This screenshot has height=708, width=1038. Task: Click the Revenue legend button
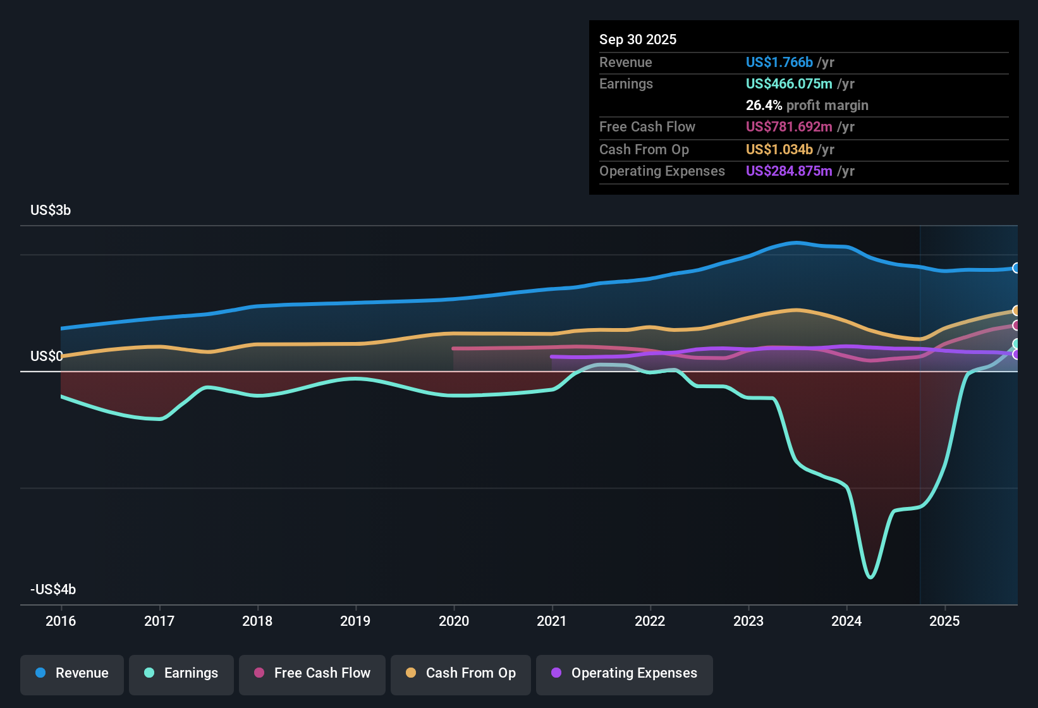click(72, 673)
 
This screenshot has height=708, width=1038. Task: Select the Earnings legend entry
click(181, 673)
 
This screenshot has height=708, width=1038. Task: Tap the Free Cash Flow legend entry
click(312, 673)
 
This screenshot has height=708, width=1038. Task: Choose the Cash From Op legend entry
click(461, 673)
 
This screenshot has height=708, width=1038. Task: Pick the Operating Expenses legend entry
click(625, 673)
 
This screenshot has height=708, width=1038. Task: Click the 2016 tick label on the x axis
click(61, 621)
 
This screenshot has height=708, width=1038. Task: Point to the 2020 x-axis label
click(454, 621)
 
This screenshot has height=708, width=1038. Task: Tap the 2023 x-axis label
click(748, 621)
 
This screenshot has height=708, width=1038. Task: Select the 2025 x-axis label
click(944, 621)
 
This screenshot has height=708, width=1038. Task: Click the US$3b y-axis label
click(51, 211)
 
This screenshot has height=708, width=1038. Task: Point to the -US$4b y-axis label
click(53, 590)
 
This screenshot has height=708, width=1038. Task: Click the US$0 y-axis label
click(46, 357)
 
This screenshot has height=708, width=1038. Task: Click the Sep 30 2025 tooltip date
click(638, 39)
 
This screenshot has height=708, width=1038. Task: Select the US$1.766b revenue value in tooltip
click(779, 62)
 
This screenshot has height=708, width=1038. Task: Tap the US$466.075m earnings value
click(788, 83)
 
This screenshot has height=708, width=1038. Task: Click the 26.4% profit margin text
click(807, 105)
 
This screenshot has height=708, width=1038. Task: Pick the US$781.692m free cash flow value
click(788, 126)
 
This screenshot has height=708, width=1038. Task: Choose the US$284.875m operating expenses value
click(788, 171)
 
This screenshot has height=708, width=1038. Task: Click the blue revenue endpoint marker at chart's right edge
click(1016, 268)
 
